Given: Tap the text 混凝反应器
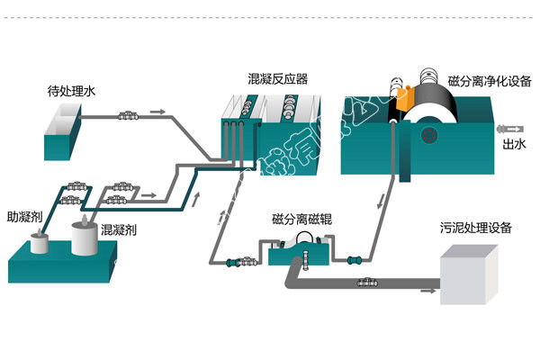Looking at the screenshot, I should [x=277, y=78].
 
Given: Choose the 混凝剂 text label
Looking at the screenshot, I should [x=119, y=229].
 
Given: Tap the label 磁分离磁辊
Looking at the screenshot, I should [x=301, y=220].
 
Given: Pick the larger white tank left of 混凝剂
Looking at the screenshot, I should [x=86, y=238].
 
